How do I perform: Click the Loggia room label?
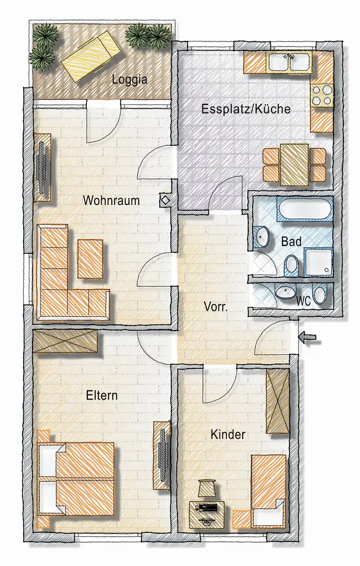point(129,79)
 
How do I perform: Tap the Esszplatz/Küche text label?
point(246,109)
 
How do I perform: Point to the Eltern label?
point(102,396)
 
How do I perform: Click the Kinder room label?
point(228,435)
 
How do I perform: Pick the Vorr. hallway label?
point(215,307)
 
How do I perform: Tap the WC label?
point(302,302)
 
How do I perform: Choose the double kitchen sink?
point(289,62)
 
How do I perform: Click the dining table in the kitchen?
point(294,165)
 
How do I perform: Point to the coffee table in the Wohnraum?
point(90,259)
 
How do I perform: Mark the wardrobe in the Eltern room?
point(65,342)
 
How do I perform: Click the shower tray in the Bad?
point(319,262)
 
